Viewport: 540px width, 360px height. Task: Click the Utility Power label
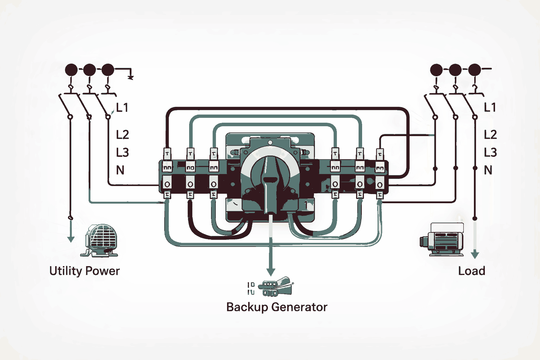(x=84, y=271)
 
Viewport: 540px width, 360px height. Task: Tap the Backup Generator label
(x=277, y=307)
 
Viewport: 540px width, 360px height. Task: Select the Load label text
(x=471, y=271)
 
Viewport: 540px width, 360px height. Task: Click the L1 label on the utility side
(x=122, y=108)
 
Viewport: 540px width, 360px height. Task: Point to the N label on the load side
(x=488, y=171)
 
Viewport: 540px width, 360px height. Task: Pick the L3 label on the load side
(x=490, y=153)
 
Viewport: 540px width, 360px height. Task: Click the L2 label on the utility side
(x=122, y=135)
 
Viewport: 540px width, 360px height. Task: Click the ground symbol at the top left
(x=130, y=77)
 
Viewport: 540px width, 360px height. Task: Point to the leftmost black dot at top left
(x=71, y=70)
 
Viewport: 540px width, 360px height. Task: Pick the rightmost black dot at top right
(x=474, y=70)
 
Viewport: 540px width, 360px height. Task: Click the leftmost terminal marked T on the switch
(x=167, y=154)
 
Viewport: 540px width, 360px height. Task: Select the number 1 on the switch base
(x=306, y=204)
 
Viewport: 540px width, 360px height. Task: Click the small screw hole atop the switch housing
(x=270, y=142)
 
